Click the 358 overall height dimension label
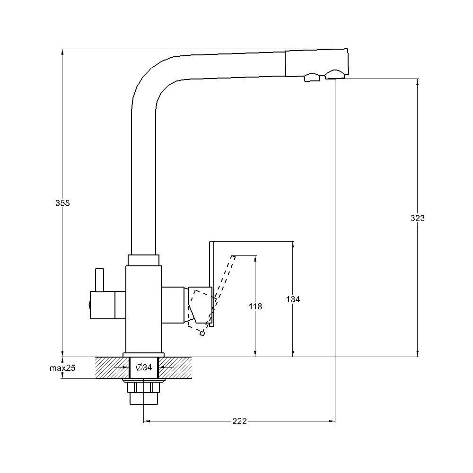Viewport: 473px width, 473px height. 62,203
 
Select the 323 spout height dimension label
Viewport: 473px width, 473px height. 418,218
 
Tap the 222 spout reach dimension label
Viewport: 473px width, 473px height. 239,421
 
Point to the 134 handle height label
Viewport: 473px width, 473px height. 293,299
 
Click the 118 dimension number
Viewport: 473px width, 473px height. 255,307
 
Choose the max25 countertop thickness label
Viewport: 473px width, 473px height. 62,368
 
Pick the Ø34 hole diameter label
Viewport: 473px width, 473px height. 144,368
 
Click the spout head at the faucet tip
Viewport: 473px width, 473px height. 317,64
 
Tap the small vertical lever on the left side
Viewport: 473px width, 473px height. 99,280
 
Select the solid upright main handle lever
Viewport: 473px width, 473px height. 211,283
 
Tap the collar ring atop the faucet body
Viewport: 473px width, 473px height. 144,260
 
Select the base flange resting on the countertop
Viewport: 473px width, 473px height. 144,355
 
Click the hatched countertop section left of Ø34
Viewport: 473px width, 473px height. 112,368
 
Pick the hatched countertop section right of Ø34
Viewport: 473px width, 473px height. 175,368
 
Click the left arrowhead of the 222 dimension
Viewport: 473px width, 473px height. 147,421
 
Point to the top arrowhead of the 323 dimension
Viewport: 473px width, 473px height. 418,82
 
